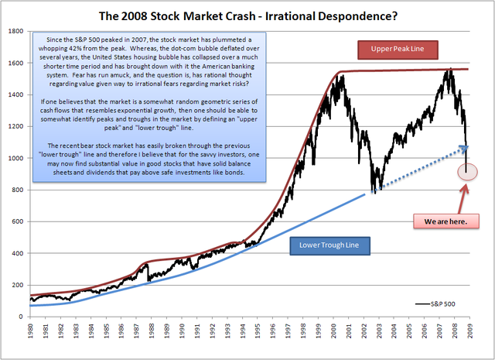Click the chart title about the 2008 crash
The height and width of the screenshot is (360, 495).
click(x=247, y=14)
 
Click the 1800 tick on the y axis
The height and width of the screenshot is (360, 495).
click(x=15, y=31)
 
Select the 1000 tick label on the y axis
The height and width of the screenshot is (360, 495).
click(x=15, y=158)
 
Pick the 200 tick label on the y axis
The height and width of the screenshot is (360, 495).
click(x=16, y=286)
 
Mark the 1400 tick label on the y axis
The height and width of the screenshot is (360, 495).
click(x=15, y=94)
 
